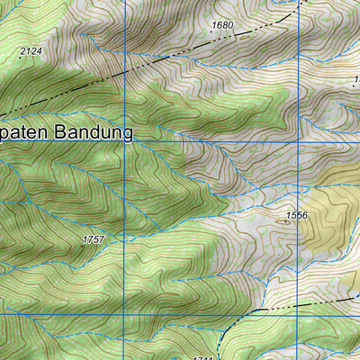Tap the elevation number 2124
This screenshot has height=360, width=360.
31,51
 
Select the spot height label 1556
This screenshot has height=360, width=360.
296,215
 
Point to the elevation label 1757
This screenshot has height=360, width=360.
93,239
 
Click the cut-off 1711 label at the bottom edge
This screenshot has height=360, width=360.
202,357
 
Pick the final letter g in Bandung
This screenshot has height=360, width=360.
128,135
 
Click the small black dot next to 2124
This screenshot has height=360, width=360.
20,58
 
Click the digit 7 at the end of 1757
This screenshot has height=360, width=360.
102,239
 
